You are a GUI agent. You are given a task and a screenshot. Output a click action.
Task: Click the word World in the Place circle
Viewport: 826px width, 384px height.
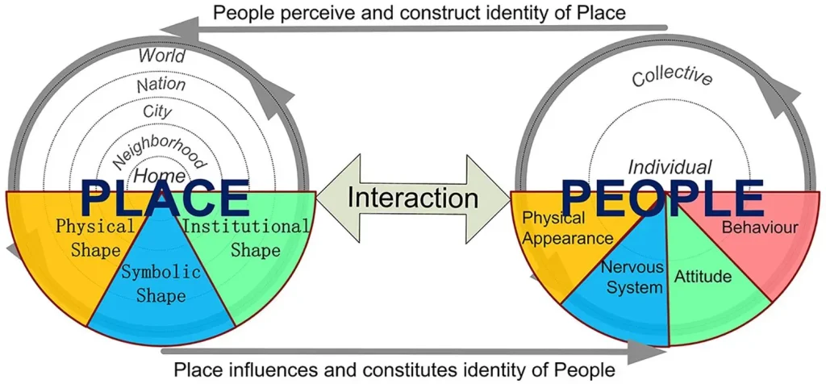point(161,56)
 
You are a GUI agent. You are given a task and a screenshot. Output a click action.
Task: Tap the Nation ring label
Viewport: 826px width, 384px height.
point(161,85)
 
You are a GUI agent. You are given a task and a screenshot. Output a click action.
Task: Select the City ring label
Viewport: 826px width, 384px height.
point(157,112)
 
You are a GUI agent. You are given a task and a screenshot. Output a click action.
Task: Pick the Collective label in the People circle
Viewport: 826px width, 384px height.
point(672,77)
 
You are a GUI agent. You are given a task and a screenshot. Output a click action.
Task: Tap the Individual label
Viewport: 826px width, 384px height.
point(670,167)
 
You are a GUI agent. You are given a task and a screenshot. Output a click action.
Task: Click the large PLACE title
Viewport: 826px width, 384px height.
point(165,199)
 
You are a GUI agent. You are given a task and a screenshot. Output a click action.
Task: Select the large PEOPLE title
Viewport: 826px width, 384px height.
point(663,199)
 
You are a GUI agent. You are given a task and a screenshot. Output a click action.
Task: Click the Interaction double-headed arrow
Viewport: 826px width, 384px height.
point(413,199)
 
